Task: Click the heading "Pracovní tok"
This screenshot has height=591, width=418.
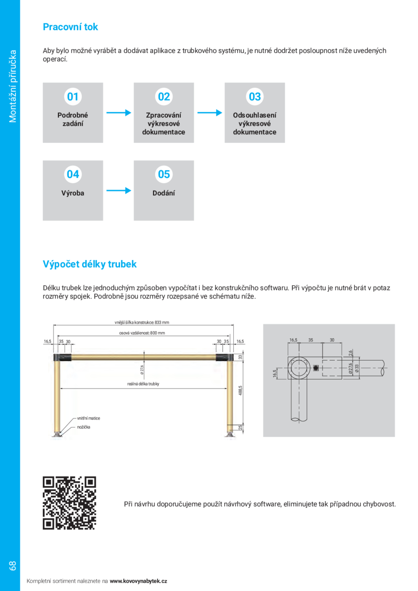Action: click(x=70, y=27)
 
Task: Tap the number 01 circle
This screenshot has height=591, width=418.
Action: click(x=73, y=97)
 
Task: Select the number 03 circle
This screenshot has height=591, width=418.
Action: click(x=255, y=97)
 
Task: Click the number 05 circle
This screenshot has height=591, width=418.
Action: click(x=164, y=174)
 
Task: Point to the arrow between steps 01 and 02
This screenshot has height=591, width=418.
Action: click(x=119, y=113)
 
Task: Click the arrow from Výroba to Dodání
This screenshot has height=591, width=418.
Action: click(x=119, y=190)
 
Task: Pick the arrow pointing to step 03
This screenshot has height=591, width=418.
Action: click(x=209, y=113)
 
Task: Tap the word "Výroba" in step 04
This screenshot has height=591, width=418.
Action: click(x=73, y=193)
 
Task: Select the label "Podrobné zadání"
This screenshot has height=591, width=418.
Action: click(x=73, y=120)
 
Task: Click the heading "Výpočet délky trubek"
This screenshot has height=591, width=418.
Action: click(x=90, y=264)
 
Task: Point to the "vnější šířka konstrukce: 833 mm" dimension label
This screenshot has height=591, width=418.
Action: click(x=141, y=322)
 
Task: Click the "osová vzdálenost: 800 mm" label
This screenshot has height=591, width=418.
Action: click(x=142, y=333)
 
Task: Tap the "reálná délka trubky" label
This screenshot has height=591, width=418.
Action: click(x=143, y=384)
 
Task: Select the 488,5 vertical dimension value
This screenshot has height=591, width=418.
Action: click(x=240, y=390)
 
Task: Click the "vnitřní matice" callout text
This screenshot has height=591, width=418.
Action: click(x=88, y=418)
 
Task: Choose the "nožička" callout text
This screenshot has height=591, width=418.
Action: click(x=84, y=427)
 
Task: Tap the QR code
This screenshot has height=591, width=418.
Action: click(x=70, y=503)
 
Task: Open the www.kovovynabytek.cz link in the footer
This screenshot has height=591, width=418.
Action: click(x=139, y=581)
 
